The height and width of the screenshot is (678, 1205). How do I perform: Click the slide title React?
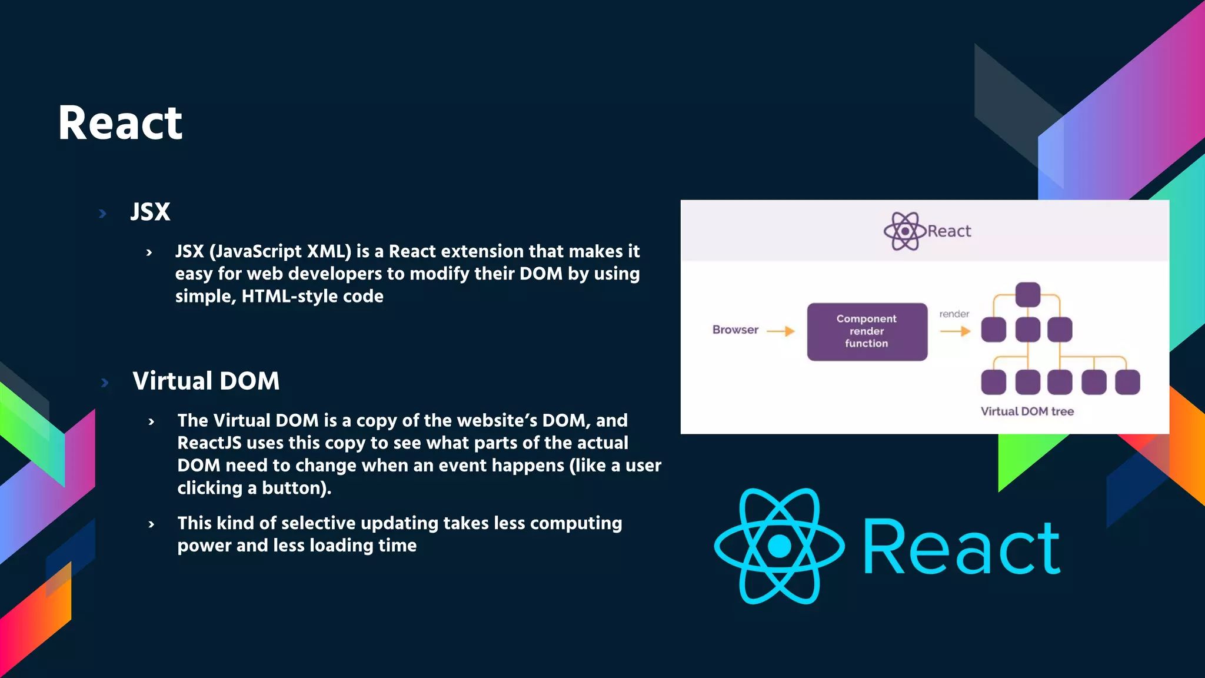(120, 123)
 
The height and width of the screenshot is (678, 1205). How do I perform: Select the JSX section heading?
(150, 212)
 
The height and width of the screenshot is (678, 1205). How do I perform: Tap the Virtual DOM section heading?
(206, 381)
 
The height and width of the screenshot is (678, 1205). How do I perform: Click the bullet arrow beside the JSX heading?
(103, 214)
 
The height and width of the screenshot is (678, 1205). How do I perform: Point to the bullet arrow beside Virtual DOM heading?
(105, 383)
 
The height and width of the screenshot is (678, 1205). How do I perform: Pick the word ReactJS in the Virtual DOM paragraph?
(209, 443)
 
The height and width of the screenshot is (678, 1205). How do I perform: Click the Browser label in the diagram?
(735, 330)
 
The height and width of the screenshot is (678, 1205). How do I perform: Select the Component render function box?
(867, 331)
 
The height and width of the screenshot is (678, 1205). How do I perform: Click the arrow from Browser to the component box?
(781, 331)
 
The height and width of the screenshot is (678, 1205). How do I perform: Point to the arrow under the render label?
(955, 331)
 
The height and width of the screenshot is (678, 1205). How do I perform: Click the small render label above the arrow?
(954, 314)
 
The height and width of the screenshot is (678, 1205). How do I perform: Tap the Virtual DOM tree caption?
(1027, 411)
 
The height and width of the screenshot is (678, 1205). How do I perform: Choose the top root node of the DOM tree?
(1027, 294)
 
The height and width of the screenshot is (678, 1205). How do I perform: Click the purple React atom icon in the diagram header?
(905, 231)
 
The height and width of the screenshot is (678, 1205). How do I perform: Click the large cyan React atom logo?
(780, 546)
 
